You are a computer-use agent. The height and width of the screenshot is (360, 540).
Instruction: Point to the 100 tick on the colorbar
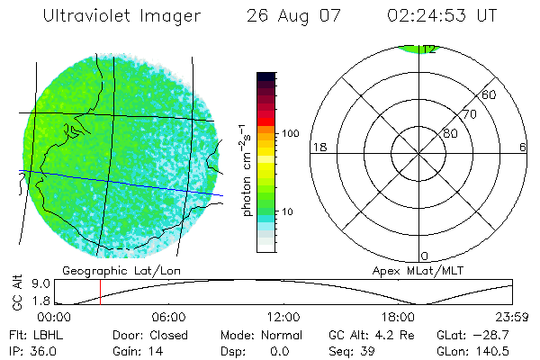(292, 133)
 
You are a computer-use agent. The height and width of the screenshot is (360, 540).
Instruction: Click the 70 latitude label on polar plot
(470, 114)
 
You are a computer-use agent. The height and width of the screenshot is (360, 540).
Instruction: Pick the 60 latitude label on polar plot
(490, 94)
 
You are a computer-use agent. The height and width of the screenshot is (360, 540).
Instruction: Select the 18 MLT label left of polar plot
(318, 147)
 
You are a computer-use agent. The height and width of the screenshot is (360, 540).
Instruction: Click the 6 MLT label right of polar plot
(524, 147)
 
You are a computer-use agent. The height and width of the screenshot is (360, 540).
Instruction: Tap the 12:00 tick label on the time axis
(284, 318)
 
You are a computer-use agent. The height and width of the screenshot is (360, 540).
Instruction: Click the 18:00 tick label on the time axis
(398, 318)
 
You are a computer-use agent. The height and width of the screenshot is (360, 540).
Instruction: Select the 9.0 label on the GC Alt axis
(27, 283)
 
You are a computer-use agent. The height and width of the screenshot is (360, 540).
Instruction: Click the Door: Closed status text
(149, 334)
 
